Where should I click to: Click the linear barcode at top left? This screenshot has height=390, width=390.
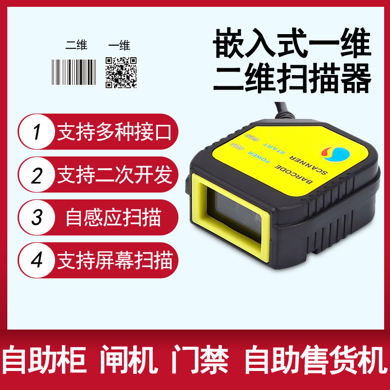pos(74,72)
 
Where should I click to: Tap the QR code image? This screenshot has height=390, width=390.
pos(121,72)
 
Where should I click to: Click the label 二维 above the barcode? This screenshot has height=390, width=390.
pos(76,46)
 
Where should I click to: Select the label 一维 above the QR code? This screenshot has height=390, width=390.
pos(119,46)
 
